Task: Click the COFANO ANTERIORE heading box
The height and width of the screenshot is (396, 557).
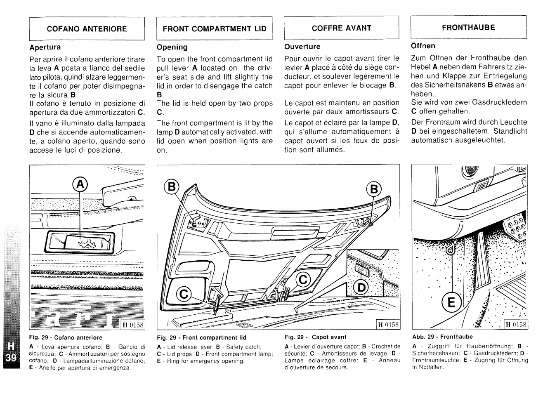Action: click(x=87, y=28)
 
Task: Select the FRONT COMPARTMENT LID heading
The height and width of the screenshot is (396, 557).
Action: click(x=215, y=28)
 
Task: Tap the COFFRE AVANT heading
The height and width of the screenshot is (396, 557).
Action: click(x=341, y=28)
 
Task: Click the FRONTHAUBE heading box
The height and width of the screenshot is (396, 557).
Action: click(x=468, y=27)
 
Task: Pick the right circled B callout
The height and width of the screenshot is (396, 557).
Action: click(x=374, y=189)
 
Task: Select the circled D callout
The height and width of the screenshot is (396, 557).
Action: click(x=361, y=287)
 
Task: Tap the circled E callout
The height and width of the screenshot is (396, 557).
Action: click(x=451, y=303)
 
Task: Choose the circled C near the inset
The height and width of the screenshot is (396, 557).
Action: click(x=303, y=280)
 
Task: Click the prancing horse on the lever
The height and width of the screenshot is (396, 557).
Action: click(x=89, y=243)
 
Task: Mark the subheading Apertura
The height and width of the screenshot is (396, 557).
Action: click(x=45, y=47)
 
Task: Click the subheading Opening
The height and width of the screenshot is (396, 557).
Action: click(x=172, y=47)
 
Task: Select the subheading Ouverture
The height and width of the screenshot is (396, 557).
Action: click(x=302, y=47)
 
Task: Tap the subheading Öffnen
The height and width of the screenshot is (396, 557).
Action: click(x=423, y=46)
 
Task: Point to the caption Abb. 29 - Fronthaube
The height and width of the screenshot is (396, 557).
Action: click(x=442, y=337)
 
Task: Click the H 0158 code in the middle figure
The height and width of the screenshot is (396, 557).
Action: click(x=388, y=325)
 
